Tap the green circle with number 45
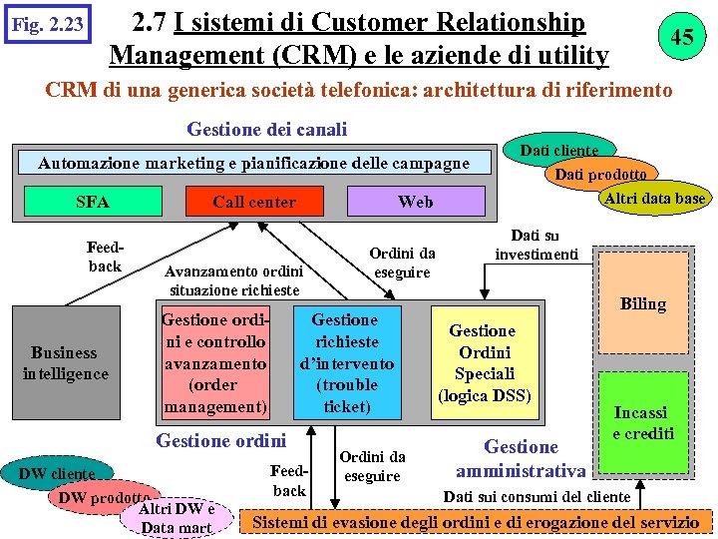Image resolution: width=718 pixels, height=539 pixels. [x=681, y=37]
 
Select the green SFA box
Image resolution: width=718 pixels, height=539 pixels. [x=93, y=202]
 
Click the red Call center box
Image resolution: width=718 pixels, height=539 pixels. [x=254, y=202]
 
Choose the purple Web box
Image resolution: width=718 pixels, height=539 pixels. [x=415, y=202]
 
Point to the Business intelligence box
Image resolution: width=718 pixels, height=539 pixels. [x=65, y=363]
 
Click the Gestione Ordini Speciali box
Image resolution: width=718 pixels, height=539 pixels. [x=483, y=363]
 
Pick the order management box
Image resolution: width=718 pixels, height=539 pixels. [x=213, y=363]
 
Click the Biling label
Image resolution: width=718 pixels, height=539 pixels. [x=642, y=303]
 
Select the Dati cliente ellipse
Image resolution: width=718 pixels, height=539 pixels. [x=558, y=150]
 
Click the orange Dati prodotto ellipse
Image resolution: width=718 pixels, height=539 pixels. [x=600, y=174]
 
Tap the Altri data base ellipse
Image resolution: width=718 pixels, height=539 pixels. [x=654, y=198]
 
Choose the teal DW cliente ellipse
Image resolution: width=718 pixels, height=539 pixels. [x=57, y=473]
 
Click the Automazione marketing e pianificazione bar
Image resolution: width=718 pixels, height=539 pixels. [x=253, y=163]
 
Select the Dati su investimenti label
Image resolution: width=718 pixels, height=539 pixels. [x=536, y=245]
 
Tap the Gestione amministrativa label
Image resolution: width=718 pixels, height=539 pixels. [x=521, y=458]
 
